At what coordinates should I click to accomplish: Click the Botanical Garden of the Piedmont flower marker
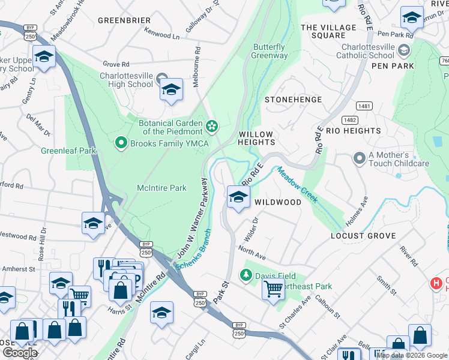tap(211, 125)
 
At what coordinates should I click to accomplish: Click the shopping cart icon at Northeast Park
tap(273, 289)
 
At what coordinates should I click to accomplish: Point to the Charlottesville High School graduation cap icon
tap(171, 90)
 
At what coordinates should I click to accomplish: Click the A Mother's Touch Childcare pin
tap(360, 158)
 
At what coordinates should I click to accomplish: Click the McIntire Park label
tap(161, 188)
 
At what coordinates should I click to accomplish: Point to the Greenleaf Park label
tap(68, 151)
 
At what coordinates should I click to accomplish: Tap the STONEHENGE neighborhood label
tap(293, 100)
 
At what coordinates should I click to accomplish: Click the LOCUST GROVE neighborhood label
tap(364, 236)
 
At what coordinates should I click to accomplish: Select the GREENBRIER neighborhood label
tap(124, 20)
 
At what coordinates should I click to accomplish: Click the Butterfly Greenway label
tap(270, 52)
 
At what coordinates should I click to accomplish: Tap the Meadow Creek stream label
tap(297, 185)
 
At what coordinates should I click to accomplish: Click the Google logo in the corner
tap(20, 353)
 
